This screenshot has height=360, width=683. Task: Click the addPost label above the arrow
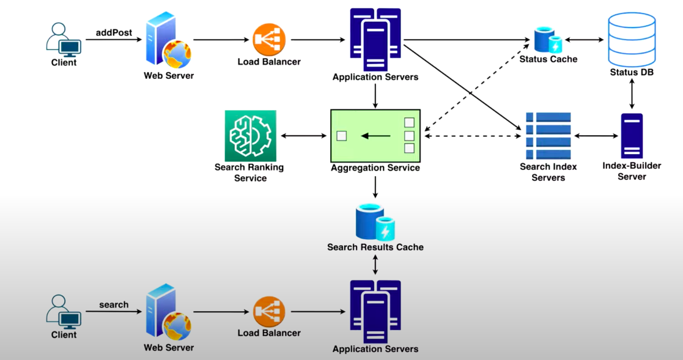(x=114, y=32)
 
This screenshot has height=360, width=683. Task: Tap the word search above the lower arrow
(x=114, y=304)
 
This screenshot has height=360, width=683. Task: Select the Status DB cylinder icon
(x=632, y=41)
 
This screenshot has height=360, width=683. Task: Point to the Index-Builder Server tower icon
(x=632, y=136)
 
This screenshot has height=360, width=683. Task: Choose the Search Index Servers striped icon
(x=548, y=136)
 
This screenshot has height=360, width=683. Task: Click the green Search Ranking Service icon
(x=250, y=135)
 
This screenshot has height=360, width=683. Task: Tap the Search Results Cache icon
(x=375, y=223)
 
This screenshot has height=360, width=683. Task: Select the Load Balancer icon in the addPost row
(x=269, y=40)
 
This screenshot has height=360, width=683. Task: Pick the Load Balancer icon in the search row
(x=269, y=312)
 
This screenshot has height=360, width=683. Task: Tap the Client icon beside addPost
(x=64, y=40)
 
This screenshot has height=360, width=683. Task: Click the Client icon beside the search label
(x=64, y=312)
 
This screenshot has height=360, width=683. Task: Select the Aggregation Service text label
(x=375, y=167)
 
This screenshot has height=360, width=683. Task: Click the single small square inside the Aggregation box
(x=342, y=136)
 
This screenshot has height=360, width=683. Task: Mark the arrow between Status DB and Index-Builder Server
(x=632, y=97)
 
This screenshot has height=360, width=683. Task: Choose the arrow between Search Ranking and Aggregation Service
(x=303, y=136)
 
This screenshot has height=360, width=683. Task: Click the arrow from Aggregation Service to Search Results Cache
(x=375, y=186)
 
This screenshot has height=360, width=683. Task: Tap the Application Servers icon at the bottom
(x=375, y=312)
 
